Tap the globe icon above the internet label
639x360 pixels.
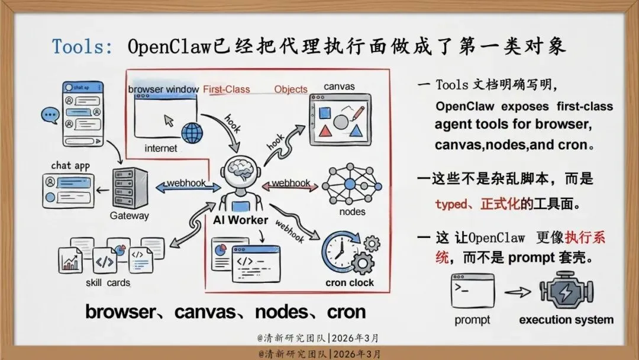coord(192,132)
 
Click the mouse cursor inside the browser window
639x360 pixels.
coord(169,120)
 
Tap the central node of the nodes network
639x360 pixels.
coord(350,184)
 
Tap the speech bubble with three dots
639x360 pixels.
coord(50,115)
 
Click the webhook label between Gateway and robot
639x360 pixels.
coord(185,184)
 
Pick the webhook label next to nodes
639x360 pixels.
coord(291,184)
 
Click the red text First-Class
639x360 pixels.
coord(227,89)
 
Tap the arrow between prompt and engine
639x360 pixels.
coord(517,291)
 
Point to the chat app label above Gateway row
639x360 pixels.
coord(70,165)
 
